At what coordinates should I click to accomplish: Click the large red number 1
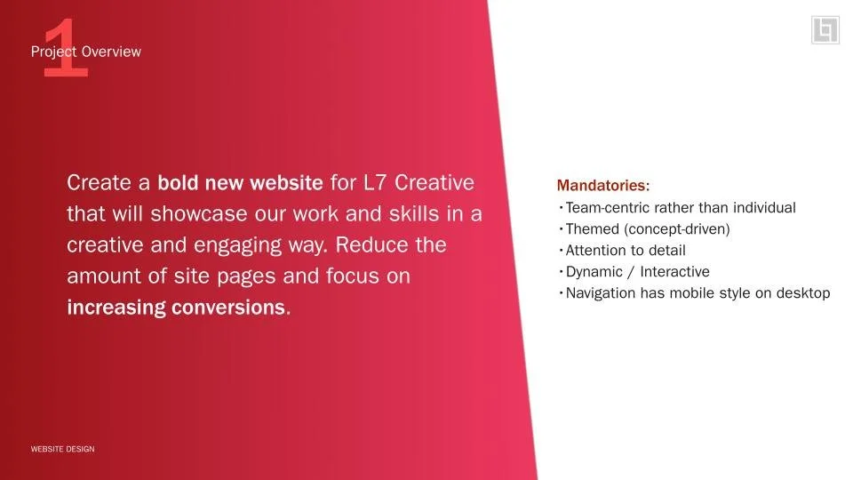tap(66, 48)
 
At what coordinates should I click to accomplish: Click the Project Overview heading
tap(86, 52)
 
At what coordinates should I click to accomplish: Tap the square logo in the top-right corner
tap(825, 30)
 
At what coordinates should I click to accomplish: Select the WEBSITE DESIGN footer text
tap(62, 449)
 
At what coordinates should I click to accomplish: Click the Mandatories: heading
tap(603, 186)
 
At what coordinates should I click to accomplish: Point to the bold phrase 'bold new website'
tap(240, 184)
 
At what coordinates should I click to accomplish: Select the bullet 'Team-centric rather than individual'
tap(680, 208)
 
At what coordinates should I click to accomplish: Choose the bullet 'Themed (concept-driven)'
tap(647, 229)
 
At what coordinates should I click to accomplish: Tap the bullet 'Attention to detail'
tap(625, 251)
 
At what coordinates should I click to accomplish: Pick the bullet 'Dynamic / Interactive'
tap(637, 272)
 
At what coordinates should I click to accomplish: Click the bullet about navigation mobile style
tap(698, 293)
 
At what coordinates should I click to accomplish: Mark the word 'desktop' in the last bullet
tap(801, 293)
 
